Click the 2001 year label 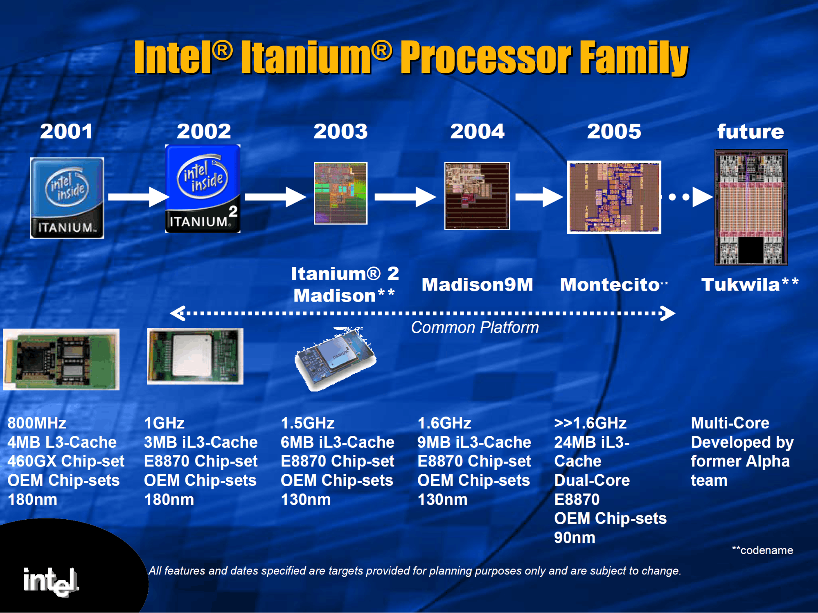pos(66,131)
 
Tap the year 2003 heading pos(340,131)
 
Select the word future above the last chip pos(750,131)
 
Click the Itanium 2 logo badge pos(203,189)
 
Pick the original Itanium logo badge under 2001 pos(67,198)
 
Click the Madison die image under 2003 pos(340,193)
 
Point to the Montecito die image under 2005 pos(614,197)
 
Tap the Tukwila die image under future pos(751,207)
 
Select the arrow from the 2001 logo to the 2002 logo pos(138,197)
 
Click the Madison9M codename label pos(477,284)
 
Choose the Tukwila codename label pos(750,284)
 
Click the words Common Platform pos(475,327)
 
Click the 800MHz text pos(37,423)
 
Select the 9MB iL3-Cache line pos(474,442)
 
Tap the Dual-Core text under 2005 pos(592,480)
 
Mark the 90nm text pos(575,538)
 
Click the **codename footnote pos(762,550)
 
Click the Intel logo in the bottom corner pos(51,581)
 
